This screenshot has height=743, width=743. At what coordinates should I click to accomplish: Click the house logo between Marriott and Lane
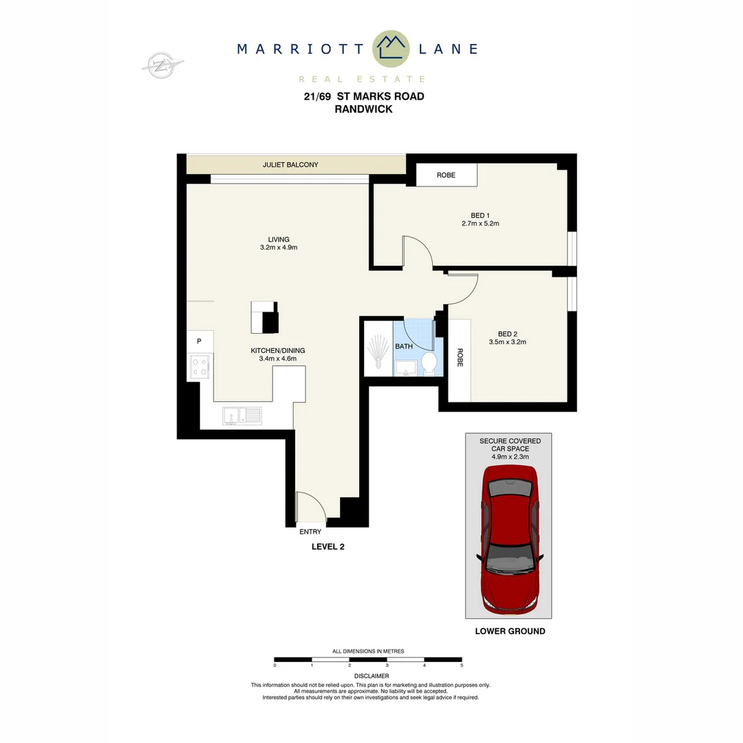tap(391, 48)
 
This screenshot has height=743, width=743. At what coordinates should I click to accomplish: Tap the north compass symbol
tap(162, 65)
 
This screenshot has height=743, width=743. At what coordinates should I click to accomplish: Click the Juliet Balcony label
tap(290, 165)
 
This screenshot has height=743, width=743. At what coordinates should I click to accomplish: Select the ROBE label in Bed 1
tap(446, 175)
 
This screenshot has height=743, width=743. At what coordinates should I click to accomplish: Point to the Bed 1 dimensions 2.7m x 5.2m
tap(480, 224)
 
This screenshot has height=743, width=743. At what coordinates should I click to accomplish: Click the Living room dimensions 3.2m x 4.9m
tap(279, 248)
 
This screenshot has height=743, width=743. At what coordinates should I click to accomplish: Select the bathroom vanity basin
tap(405, 367)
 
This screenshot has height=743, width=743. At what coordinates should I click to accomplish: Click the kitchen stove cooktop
tap(200, 367)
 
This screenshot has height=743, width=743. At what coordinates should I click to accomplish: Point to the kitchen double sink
tap(241, 415)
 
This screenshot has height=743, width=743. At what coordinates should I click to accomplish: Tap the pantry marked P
tap(199, 341)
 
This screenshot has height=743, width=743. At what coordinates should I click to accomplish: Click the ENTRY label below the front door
tap(310, 532)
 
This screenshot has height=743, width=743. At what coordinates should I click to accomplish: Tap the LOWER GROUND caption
tap(510, 631)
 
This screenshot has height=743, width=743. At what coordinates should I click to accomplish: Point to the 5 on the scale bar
tap(462, 665)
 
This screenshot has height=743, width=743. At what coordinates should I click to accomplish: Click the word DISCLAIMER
tap(371, 676)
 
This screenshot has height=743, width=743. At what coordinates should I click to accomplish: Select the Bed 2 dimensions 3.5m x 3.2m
tap(507, 342)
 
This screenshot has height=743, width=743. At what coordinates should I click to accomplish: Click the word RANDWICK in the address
tap(363, 109)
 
